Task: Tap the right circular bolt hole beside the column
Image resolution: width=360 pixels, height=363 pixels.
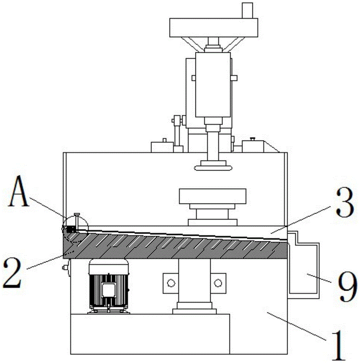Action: pos(218,282)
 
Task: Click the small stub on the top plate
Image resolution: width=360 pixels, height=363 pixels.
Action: pos(247,10)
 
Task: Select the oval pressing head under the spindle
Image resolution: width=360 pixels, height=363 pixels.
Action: pos(212,168)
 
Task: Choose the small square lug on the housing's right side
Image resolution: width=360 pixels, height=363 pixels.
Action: pos(233,78)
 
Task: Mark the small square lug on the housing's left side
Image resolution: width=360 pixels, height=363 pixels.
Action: pos(194,78)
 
